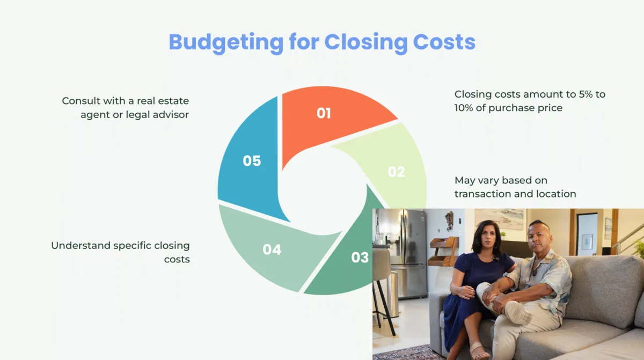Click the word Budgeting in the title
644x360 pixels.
(226, 43)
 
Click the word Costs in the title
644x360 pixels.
(444, 42)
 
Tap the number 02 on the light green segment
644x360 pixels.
(396, 172)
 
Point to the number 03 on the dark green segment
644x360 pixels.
(360, 257)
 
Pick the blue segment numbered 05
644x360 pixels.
(250, 161)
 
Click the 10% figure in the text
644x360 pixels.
(464, 108)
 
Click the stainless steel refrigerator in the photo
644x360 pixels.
(408, 253)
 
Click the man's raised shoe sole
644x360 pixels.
(518, 313)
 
